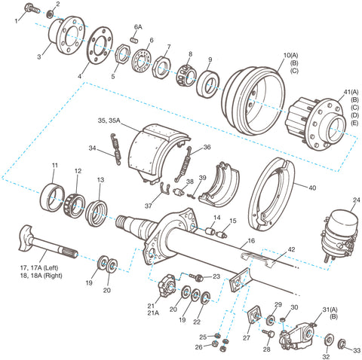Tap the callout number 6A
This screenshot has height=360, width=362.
tap(138, 26)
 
